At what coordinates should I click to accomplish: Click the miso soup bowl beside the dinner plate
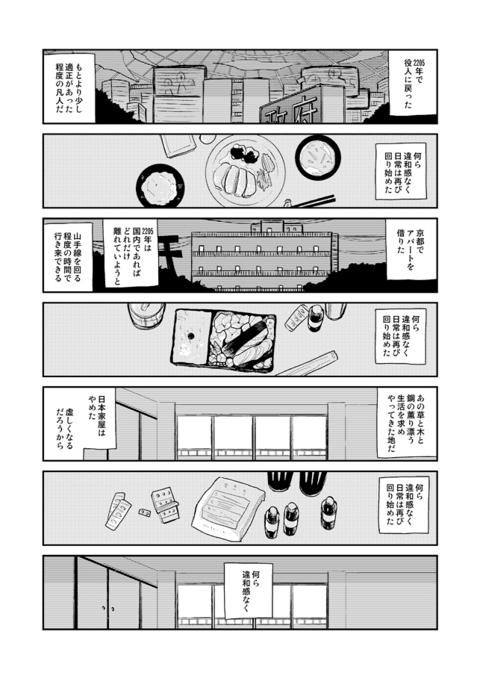coord(317,158)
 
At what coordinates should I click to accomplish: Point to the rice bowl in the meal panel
coord(159,185)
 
